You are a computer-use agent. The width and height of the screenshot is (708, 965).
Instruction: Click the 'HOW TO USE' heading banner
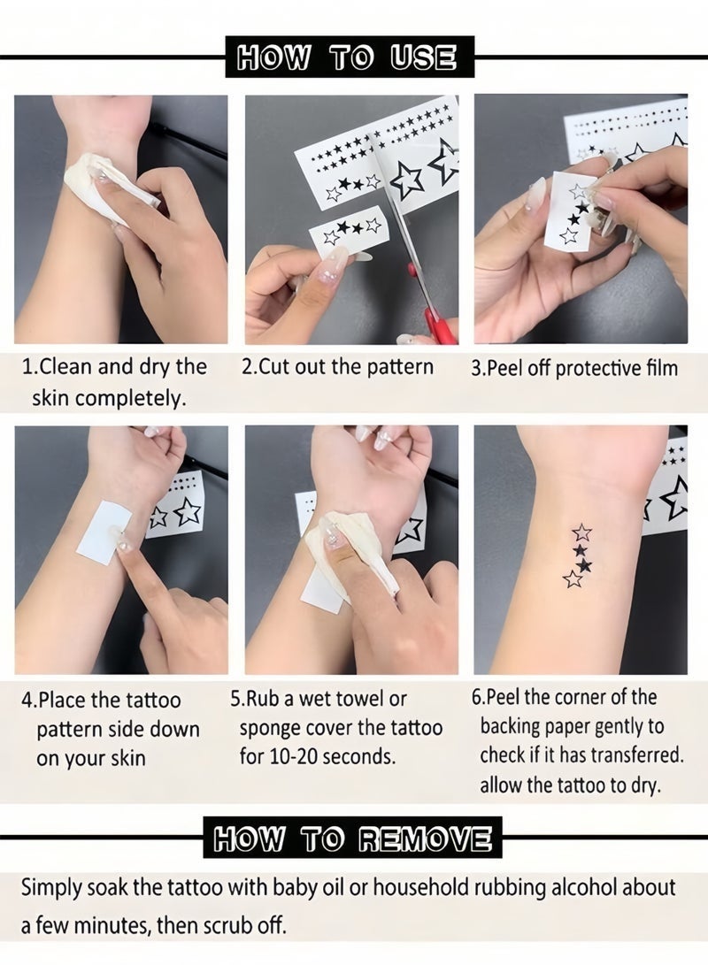click(349, 57)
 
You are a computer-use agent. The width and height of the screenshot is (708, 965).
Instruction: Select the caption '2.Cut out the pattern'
click(337, 367)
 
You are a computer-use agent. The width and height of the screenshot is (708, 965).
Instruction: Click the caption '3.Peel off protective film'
click(574, 368)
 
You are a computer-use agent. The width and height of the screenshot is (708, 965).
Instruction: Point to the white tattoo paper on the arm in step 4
click(105, 532)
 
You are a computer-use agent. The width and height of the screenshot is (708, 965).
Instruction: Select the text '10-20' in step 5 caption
click(290, 756)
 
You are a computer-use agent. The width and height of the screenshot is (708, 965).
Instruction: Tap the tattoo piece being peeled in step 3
click(572, 211)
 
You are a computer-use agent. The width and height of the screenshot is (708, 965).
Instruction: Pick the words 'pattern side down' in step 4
click(119, 730)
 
